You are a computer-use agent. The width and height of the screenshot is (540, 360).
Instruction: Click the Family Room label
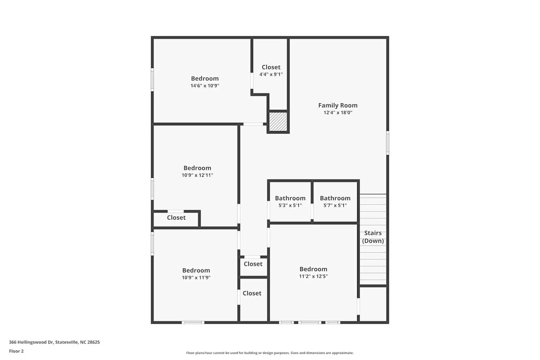pyautogui.click(x=338, y=105)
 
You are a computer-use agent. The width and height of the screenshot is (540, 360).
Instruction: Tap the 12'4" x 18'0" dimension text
pyautogui.click(x=338, y=113)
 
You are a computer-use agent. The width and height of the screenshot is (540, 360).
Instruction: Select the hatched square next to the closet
pyautogui.click(x=278, y=122)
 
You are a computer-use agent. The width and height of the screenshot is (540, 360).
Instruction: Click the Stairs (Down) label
pyautogui.click(x=373, y=237)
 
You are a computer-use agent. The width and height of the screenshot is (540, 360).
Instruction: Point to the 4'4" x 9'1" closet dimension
pyautogui.click(x=271, y=75)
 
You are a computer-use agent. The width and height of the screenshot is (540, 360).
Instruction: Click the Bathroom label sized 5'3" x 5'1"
pyautogui.click(x=290, y=198)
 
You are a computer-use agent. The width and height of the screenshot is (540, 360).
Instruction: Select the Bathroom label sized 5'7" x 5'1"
pyautogui.click(x=335, y=198)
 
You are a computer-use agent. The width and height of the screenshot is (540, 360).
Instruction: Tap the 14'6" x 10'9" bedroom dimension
pyautogui.click(x=205, y=86)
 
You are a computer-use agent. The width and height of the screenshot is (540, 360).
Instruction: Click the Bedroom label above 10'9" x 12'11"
pyautogui.click(x=197, y=168)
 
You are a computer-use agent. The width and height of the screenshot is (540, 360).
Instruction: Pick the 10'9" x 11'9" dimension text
pyautogui.click(x=196, y=278)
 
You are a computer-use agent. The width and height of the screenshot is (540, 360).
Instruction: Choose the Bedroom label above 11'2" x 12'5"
pyautogui.click(x=313, y=269)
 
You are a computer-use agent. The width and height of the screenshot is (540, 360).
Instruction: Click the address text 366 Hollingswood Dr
pyautogui.click(x=54, y=342)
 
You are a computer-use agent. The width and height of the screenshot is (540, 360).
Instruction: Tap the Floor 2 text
pyautogui.click(x=16, y=351)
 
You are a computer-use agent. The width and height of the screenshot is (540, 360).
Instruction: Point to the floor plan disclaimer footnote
pyautogui.click(x=270, y=353)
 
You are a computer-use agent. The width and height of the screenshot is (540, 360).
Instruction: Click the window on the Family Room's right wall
pyautogui.click(x=387, y=143)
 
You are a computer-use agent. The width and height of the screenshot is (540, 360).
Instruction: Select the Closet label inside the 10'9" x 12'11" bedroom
pyautogui.click(x=176, y=218)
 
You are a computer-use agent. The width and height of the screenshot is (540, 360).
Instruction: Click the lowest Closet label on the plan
pyautogui.click(x=252, y=293)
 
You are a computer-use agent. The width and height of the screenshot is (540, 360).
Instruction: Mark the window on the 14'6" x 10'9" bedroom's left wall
pyautogui.click(x=152, y=80)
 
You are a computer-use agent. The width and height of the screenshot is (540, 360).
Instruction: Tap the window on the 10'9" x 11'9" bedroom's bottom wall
pyautogui.click(x=193, y=322)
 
